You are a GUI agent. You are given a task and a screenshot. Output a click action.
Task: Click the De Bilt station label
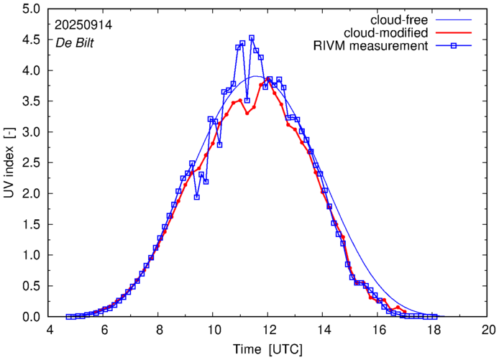(75, 42)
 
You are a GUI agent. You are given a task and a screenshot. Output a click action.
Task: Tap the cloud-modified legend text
(386, 33)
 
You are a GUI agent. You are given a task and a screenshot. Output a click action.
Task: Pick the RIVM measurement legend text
(371, 47)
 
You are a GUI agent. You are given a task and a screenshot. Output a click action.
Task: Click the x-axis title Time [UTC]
(267, 349)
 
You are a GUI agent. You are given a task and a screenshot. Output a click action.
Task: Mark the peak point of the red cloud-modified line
(269, 79)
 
